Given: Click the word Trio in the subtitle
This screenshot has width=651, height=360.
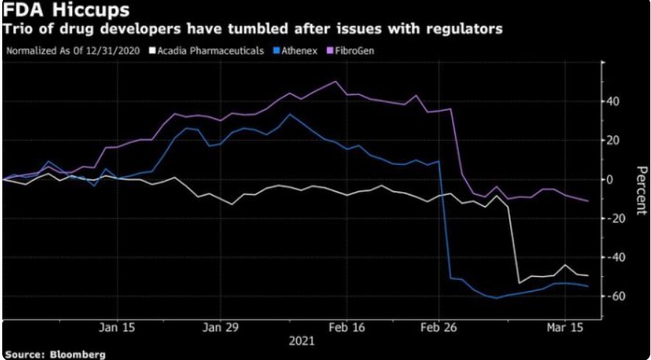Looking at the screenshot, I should [22, 30].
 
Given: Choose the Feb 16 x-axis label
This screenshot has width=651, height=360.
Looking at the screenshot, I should [346, 327].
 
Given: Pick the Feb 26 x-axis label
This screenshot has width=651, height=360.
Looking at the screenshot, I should [439, 327].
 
